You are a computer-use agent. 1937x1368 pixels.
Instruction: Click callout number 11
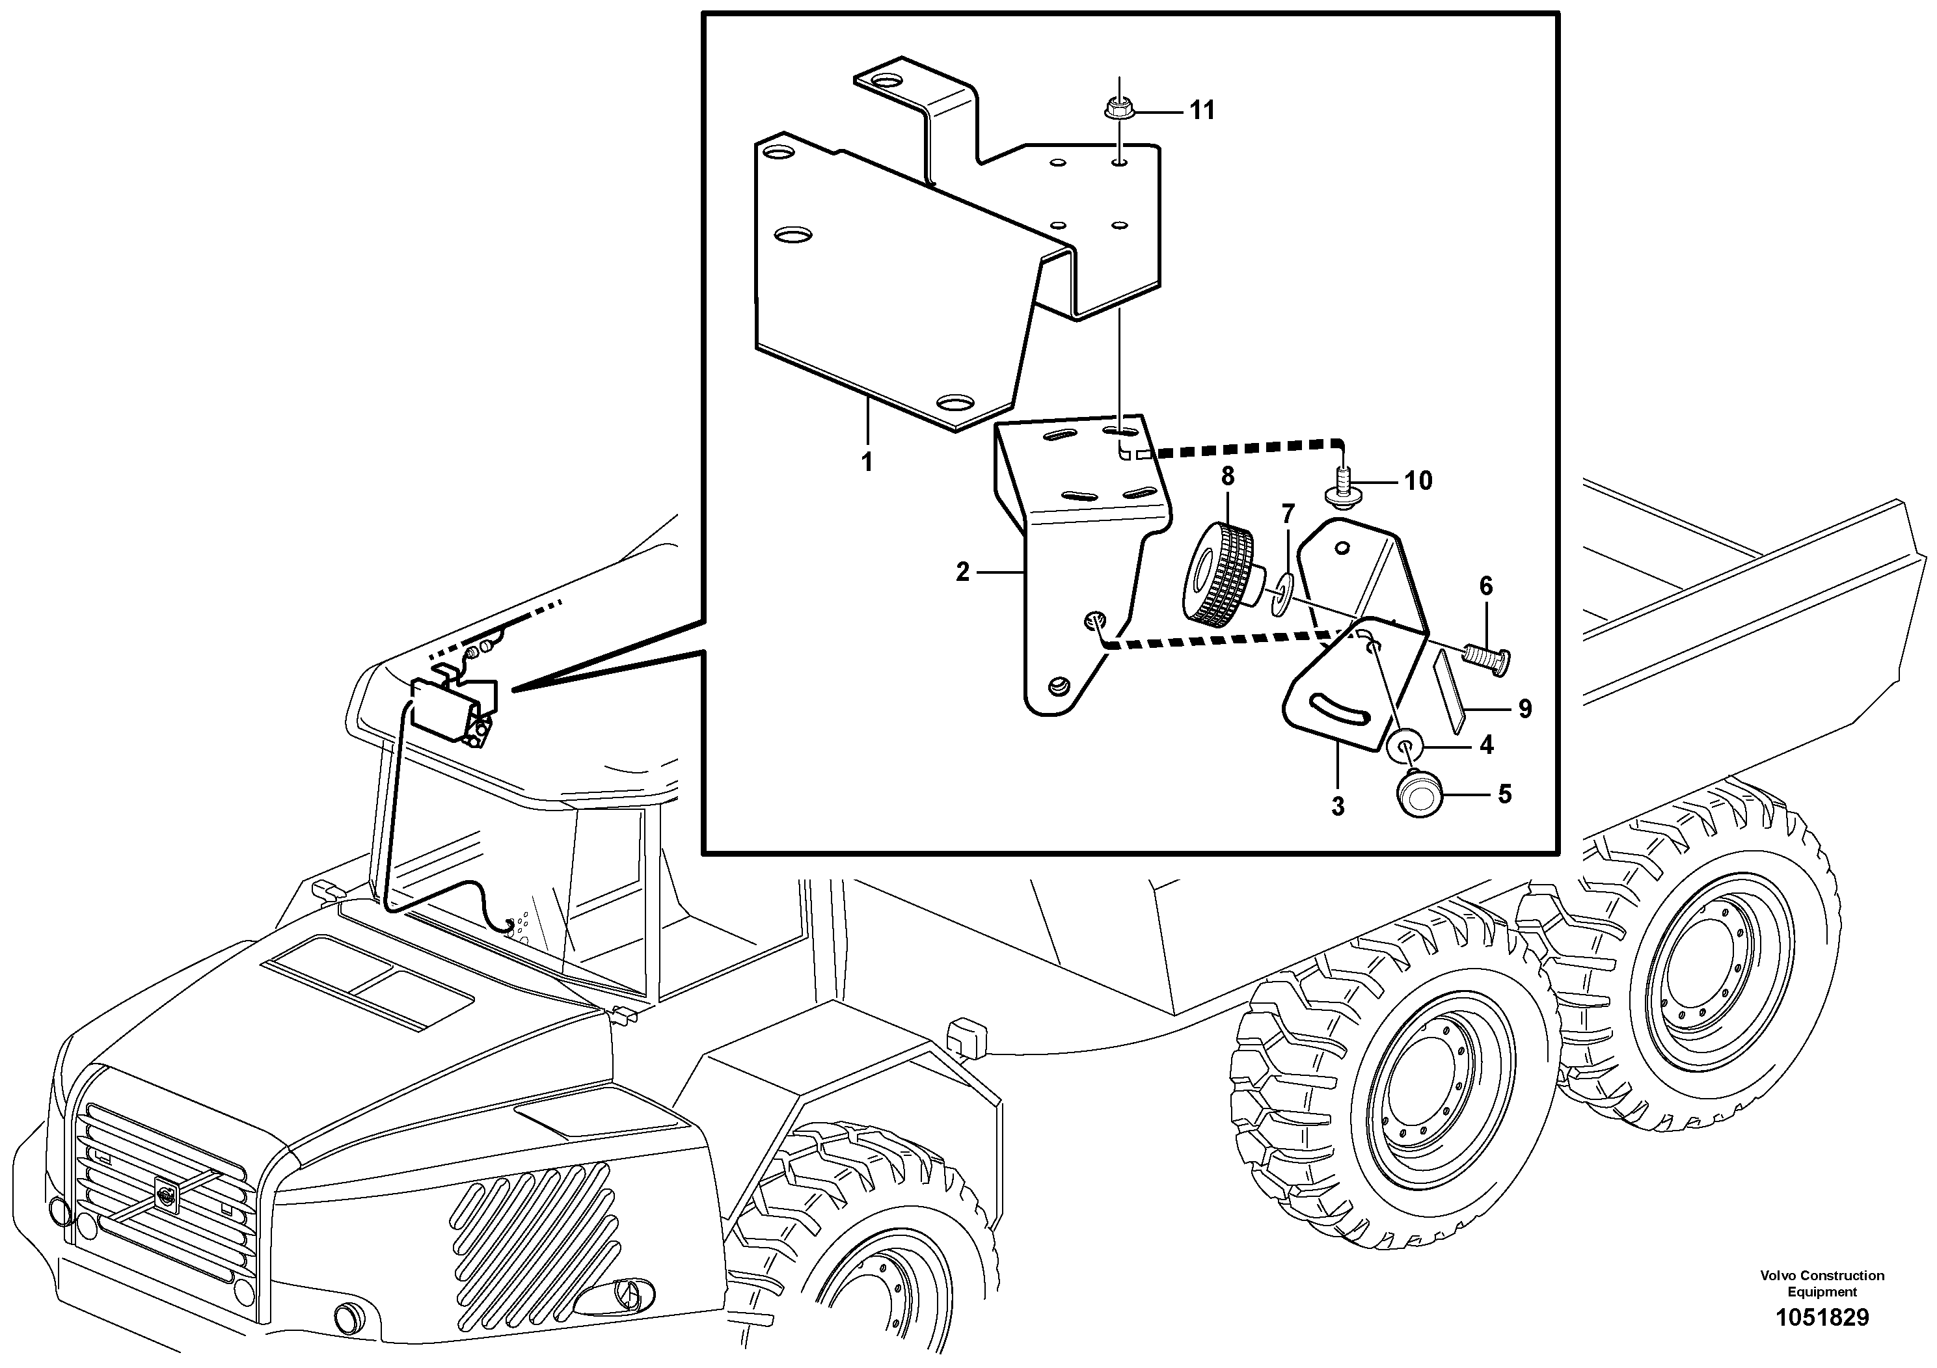[1202, 111]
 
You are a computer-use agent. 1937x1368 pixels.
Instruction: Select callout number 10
[1418, 481]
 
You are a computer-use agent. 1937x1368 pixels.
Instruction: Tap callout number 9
[1524, 709]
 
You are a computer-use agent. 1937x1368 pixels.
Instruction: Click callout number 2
[962, 572]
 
